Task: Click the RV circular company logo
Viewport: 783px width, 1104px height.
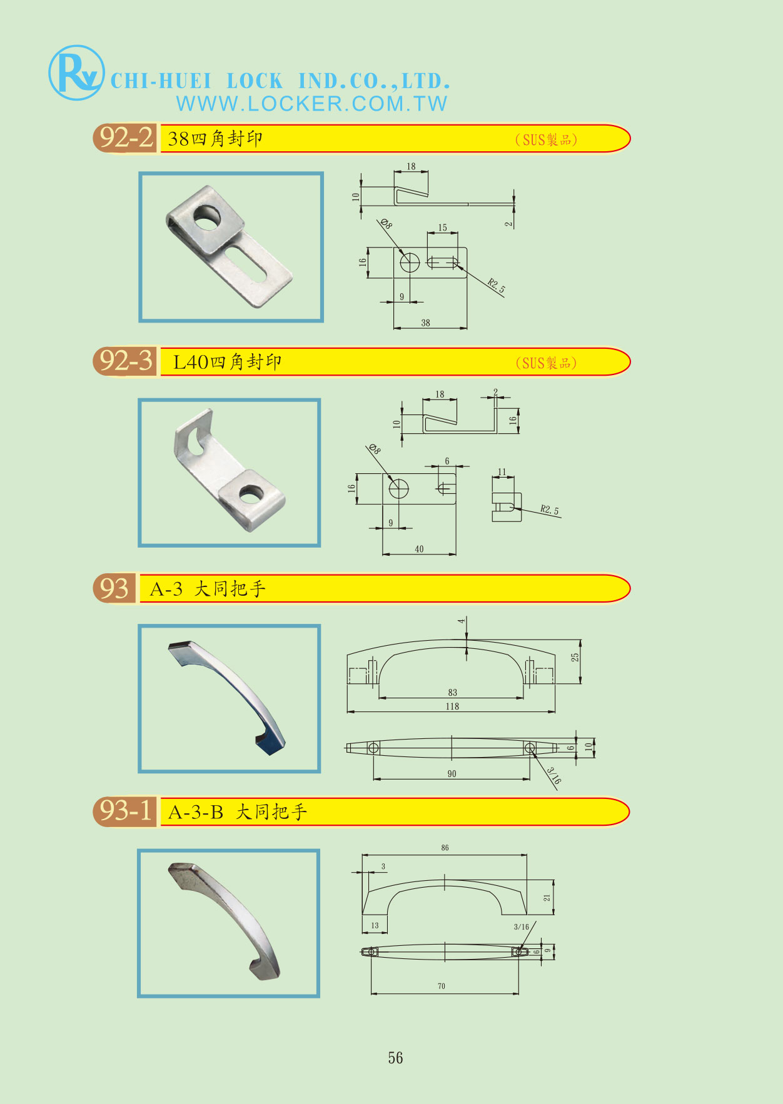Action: [x=76, y=73]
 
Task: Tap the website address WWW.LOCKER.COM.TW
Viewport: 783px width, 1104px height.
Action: [x=312, y=104]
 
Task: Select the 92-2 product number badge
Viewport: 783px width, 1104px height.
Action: [x=125, y=138]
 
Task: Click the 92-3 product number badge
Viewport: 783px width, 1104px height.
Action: [x=125, y=361]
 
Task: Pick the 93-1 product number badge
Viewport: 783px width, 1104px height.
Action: [x=125, y=811]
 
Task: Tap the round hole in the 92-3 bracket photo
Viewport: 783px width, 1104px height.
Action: [x=250, y=495]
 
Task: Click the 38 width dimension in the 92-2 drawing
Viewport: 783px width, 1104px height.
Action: [x=425, y=323]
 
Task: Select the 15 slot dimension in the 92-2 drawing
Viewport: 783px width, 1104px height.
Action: [x=443, y=228]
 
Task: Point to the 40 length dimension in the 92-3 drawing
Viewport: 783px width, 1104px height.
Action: [x=419, y=549]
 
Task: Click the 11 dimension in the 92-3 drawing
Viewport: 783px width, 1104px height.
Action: [x=502, y=472]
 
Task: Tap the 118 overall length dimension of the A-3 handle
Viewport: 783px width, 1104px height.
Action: [x=452, y=706]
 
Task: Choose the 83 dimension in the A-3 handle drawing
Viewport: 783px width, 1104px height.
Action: [x=453, y=693]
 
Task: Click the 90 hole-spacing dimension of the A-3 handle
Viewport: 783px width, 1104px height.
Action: [x=452, y=774]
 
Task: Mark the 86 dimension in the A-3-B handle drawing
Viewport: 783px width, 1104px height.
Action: [x=445, y=848]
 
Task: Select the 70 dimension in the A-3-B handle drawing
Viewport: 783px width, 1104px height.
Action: [x=442, y=986]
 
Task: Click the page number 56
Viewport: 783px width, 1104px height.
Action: [x=395, y=1058]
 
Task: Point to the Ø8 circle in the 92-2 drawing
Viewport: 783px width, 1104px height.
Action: [x=410, y=263]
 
